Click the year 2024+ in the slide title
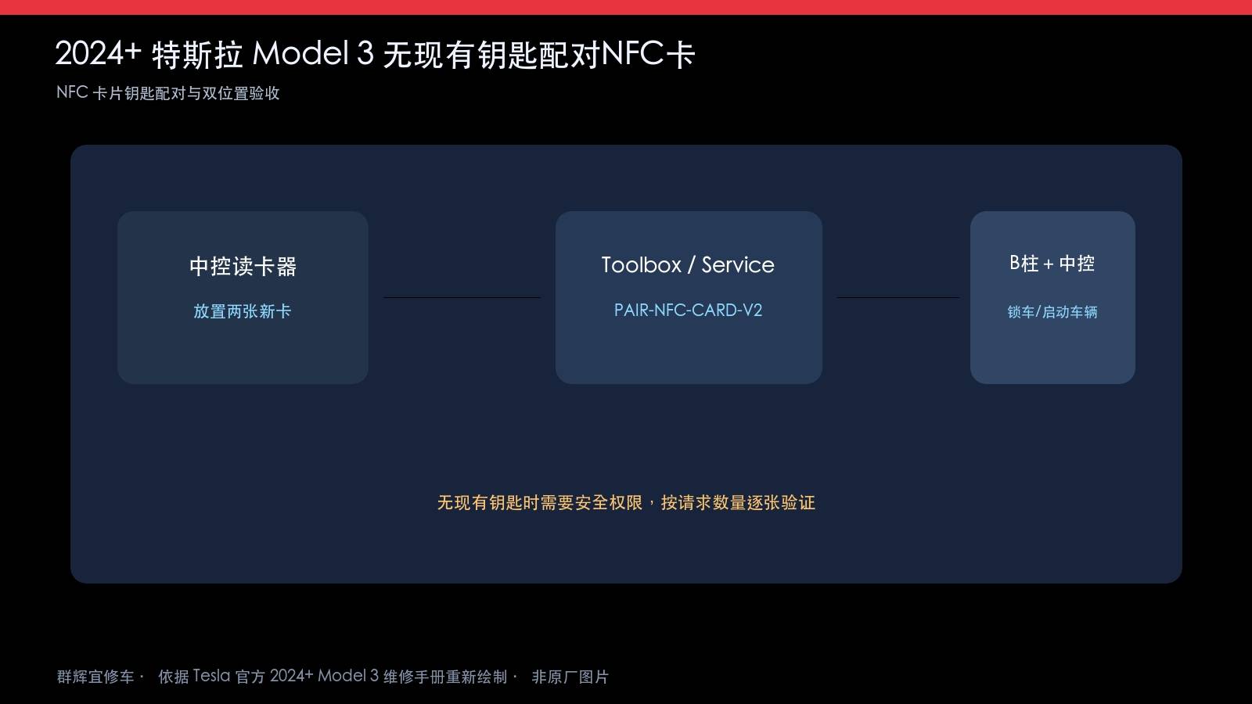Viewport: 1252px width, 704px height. click(x=98, y=54)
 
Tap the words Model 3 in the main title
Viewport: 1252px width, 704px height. click(x=313, y=54)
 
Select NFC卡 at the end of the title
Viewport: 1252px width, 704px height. click(x=649, y=54)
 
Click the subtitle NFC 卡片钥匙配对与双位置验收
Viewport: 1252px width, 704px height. click(x=167, y=93)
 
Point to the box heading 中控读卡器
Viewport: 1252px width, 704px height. click(x=243, y=266)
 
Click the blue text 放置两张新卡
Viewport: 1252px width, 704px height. click(x=243, y=311)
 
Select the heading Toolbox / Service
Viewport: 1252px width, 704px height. click(x=688, y=265)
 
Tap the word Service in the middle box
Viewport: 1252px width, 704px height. click(x=738, y=265)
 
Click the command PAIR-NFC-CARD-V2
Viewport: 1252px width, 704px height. click(x=688, y=310)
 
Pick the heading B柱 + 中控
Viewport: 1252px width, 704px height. click(x=1052, y=263)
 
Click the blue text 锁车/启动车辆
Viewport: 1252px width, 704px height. click(x=1052, y=312)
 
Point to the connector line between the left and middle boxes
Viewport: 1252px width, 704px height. click(x=462, y=298)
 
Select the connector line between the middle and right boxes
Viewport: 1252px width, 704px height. click(x=898, y=298)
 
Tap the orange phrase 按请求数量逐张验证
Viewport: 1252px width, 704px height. click(x=739, y=503)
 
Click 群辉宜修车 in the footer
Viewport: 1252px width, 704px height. click(x=95, y=677)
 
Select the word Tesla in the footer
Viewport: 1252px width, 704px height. click(x=211, y=676)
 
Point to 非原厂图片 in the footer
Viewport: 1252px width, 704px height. click(x=570, y=677)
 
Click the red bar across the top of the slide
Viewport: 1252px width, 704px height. click(x=626, y=7)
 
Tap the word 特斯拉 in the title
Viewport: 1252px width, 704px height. click(x=197, y=55)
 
